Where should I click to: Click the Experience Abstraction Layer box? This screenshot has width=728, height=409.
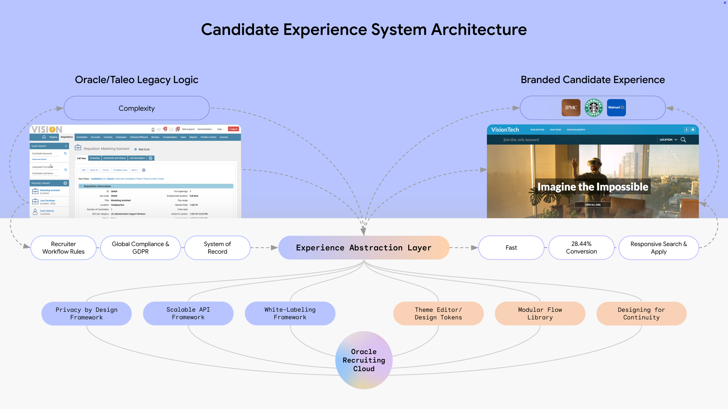pyautogui.click(x=364, y=248)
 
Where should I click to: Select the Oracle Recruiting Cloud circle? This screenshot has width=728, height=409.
pyautogui.click(x=364, y=360)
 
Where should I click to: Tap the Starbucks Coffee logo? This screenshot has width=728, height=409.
pyautogui.click(x=593, y=108)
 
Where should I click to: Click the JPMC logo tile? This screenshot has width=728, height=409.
pyautogui.click(x=571, y=108)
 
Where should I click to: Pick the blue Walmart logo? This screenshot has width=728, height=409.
pyautogui.click(x=616, y=108)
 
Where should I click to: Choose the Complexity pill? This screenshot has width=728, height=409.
pyautogui.click(x=137, y=108)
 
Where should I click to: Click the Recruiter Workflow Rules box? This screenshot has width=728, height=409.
pyautogui.click(x=63, y=248)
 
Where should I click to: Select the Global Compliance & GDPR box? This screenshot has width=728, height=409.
pyautogui.click(x=140, y=248)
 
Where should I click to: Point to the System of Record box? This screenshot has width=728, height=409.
pyautogui.click(x=217, y=248)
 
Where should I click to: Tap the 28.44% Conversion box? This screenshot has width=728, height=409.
pyautogui.click(x=581, y=248)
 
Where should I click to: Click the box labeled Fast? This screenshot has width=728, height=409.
pyautogui.click(x=511, y=248)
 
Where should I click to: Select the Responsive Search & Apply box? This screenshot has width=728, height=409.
pyautogui.click(x=658, y=248)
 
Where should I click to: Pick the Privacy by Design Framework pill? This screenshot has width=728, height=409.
pyautogui.click(x=86, y=314)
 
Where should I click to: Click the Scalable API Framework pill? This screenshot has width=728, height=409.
pyautogui.click(x=188, y=314)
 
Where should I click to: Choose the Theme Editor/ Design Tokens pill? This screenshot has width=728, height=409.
pyautogui.click(x=438, y=314)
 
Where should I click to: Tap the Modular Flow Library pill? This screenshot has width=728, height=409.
pyautogui.click(x=540, y=314)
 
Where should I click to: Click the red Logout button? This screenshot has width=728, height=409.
pyautogui.click(x=233, y=129)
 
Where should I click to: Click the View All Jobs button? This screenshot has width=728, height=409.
pyautogui.click(x=593, y=205)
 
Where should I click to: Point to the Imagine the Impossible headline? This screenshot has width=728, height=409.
pyautogui.click(x=593, y=187)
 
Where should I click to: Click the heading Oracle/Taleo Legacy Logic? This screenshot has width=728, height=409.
pyautogui.click(x=137, y=80)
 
